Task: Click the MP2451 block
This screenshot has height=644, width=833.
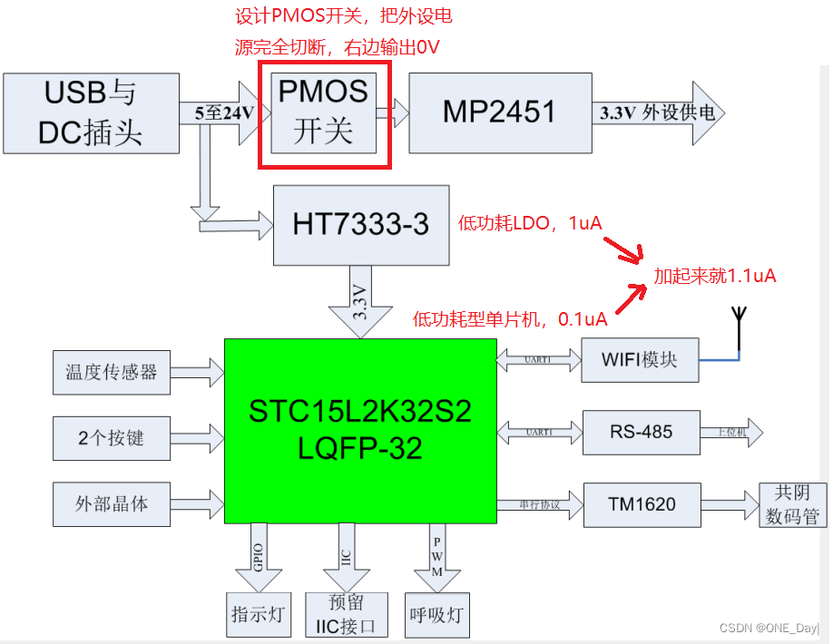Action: [498, 112]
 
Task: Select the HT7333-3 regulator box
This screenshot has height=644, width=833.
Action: [361, 225]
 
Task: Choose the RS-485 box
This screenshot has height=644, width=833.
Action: [640, 431]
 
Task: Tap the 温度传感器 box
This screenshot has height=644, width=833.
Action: [111, 372]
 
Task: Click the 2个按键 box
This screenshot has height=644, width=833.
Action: [111, 438]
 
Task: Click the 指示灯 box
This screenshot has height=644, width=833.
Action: [259, 614]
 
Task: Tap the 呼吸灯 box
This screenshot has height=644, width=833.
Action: [436, 614]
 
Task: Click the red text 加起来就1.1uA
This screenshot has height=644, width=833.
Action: [715, 276]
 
